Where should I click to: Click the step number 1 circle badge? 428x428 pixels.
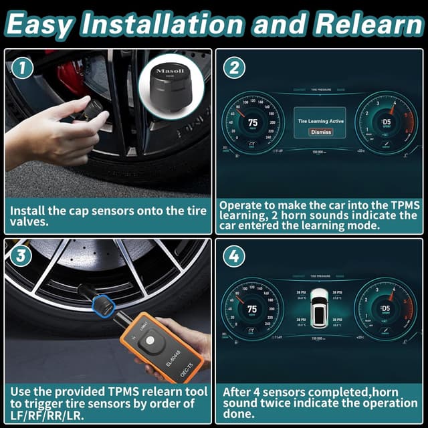pos(22,68)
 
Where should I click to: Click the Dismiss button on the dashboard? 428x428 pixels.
pos(321,132)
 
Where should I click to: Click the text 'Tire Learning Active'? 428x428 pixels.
pos(321,121)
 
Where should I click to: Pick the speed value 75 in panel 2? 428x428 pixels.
pos(252,122)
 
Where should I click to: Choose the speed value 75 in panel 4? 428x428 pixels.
pos(252,309)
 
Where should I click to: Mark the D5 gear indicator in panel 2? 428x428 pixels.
pos(386,122)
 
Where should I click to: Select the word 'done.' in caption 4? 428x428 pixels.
pos(238,415)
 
